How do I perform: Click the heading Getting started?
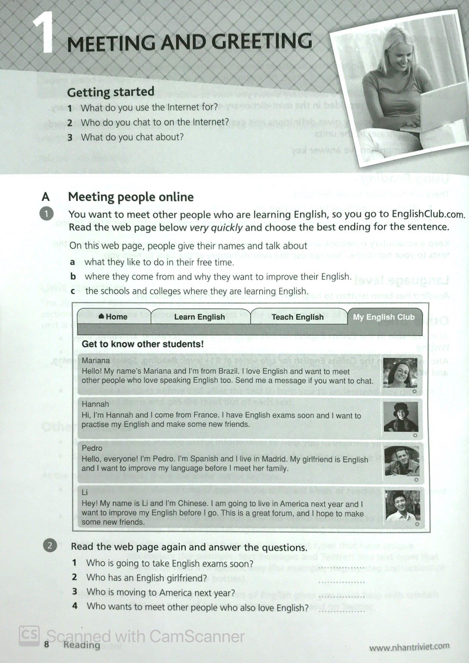click(111, 92)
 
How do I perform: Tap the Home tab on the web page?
click(113, 317)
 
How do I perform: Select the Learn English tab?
click(199, 317)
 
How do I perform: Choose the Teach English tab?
click(298, 317)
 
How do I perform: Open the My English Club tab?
click(384, 317)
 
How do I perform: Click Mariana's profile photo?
click(400, 373)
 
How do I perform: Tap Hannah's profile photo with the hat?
click(400, 417)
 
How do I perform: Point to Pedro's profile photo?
click(401, 461)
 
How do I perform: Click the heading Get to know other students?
click(142, 344)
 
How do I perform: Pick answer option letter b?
click(73, 277)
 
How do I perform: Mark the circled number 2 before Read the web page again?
click(49, 546)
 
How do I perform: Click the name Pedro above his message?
click(92, 448)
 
